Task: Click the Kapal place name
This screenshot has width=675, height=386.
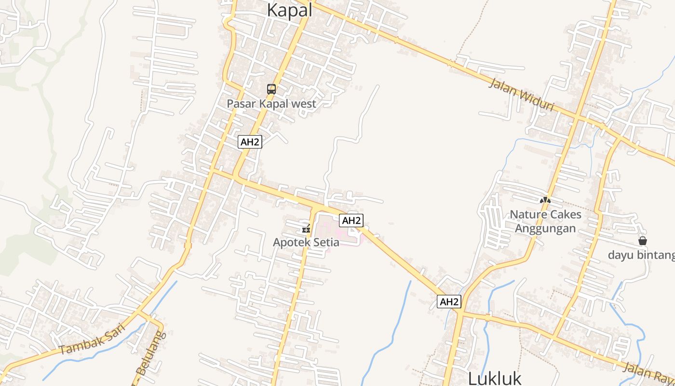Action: click(x=289, y=10)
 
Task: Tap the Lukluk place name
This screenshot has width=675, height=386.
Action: click(x=495, y=378)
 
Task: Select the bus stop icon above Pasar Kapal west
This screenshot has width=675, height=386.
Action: click(x=271, y=89)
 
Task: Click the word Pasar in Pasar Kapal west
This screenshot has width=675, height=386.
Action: click(x=240, y=104)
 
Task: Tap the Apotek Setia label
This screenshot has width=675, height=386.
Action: click(x=306, y=242)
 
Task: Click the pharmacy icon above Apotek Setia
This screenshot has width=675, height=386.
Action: click(x=305, y=228)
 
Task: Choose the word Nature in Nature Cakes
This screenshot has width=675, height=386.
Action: click(x=527, y=214)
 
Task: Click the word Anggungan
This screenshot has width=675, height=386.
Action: click(x=545, y=228)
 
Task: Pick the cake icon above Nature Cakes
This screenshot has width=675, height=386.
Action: click(x=545, y=200)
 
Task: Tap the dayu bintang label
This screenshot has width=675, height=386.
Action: click(x=641, y=255)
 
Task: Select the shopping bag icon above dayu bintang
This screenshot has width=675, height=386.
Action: click(x=642, y=240)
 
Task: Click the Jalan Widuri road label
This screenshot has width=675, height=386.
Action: click(x=521, y=95)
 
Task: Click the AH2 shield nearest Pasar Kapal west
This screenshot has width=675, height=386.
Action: click(x=250, y=142)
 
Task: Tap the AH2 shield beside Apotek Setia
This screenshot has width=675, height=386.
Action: click(x=351, y=221)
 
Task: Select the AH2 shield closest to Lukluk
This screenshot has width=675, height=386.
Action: click(x=449, y=302)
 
